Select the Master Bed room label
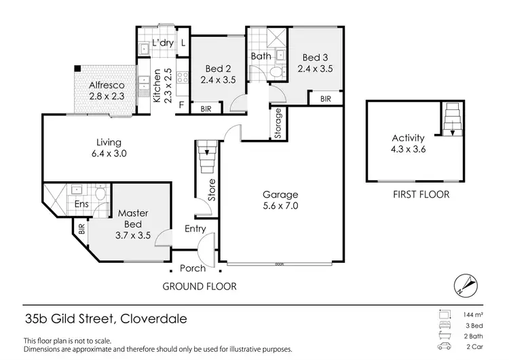(x=133, y=219)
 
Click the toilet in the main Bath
(x=276, y=73)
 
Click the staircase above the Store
(x=206, y=160)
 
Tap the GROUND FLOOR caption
(x=200, y=287)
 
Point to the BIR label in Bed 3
(x=326, y=99)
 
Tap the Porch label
(x=193, y=268)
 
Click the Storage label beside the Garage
(x=278, y=124)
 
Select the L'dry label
(x=163, y=43)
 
